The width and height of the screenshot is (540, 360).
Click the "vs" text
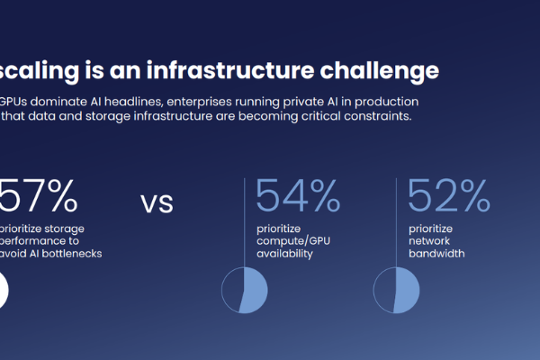click(157, 202)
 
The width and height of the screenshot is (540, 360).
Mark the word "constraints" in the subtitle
click(372, 117)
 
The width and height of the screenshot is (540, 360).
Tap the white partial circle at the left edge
click(4, 291)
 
